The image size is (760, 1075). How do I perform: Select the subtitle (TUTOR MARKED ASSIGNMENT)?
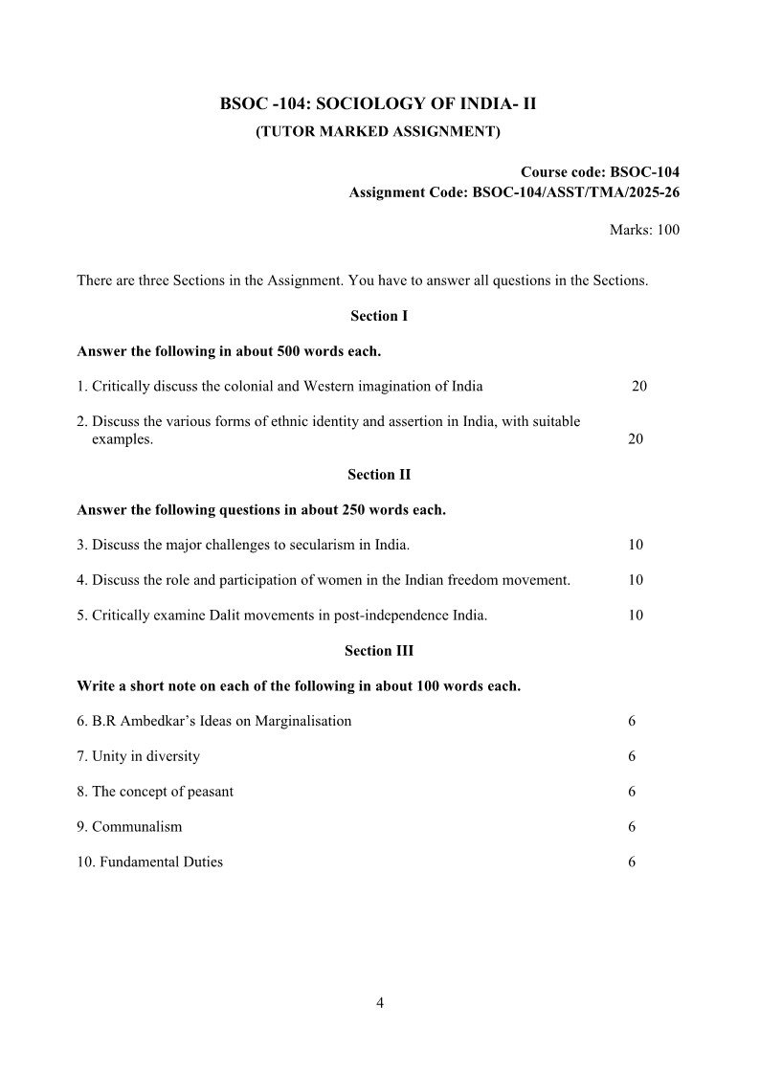[377, 131]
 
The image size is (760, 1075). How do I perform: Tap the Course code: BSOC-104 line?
[600, 172]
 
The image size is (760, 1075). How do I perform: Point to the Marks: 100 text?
[644, 230]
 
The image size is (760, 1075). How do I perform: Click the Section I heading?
[379, 316]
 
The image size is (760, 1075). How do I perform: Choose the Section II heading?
[379, 475]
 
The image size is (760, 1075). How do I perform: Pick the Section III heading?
[379, 651]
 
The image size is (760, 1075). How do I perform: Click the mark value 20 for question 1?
[639, 387]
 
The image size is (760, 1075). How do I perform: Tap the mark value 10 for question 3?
[636, 545]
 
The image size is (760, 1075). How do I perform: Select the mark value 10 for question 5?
[636, 616]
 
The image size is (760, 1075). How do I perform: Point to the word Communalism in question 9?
[137, 826]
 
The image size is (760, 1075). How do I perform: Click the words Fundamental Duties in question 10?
[157, 862]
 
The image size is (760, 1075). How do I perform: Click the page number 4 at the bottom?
[380, 1003]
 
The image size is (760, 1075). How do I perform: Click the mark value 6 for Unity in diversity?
[632, 756]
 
